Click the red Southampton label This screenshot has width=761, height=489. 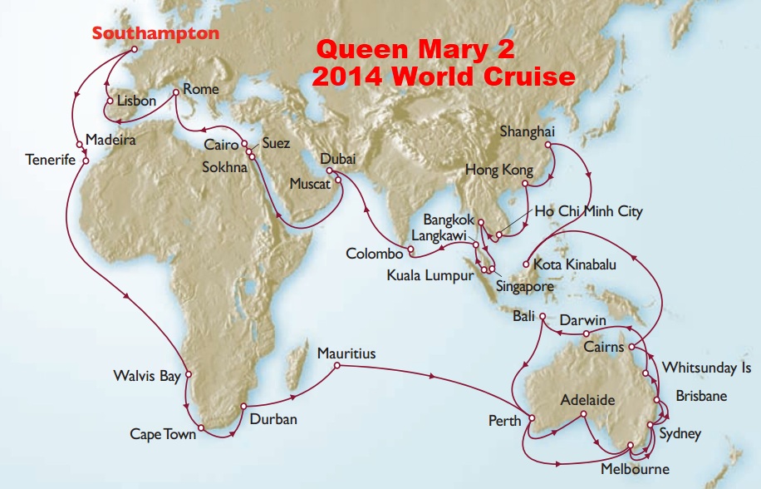coord(155,33)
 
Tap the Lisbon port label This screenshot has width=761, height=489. coord(136,101)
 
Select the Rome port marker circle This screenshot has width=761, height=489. coord(176,92)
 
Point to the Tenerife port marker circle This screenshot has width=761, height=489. coord(85,161)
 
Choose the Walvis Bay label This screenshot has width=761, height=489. coord(147,377)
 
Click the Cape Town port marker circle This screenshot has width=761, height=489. coord(201,428)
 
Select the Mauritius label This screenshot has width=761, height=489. coord(346,353)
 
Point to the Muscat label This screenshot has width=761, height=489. coord(308,184)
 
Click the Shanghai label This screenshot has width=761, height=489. coord(527,131)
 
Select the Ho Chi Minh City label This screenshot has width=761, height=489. coord(588,211)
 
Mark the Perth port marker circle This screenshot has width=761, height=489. coord(530,419)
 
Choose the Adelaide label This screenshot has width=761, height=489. coord(587,400)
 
